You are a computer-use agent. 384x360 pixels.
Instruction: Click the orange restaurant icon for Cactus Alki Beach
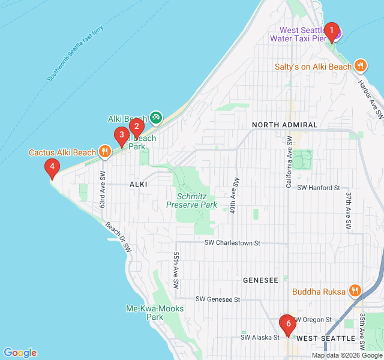tap(105, 152)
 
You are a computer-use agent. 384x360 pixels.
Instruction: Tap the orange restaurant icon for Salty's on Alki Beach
tap(360, 66)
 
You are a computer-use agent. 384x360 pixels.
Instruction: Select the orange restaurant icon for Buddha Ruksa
tap(355, 292)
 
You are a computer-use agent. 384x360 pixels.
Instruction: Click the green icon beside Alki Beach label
tap(155, 118)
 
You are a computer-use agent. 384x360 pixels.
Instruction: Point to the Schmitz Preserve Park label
tap(192, 200)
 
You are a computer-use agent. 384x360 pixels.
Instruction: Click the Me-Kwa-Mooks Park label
tap(155, 313)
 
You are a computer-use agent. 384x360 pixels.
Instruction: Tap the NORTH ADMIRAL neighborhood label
tap(285, 125)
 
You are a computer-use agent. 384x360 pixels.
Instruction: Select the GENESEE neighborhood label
tap(260, 280)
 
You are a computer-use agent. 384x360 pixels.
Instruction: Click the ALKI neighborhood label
tap(138, 185)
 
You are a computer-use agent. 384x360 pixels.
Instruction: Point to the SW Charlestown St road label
tap(232, 243)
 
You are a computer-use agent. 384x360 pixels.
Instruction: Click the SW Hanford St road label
tap(319, 188)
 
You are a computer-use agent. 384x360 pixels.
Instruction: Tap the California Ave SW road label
tap(289, 162)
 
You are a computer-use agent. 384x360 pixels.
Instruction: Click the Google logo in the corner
tap(20, 353)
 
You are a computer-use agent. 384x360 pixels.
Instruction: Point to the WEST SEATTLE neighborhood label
tap(326, 338)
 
